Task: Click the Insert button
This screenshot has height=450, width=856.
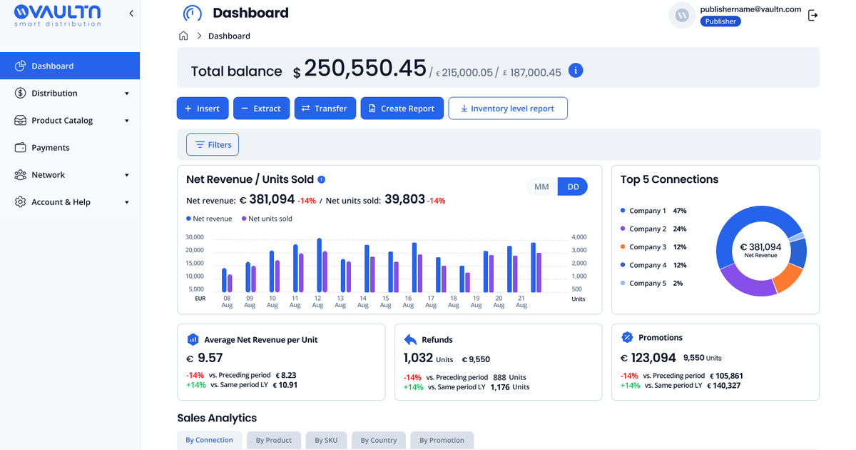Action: coord(203,109)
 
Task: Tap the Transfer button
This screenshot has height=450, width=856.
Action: coord(325,109)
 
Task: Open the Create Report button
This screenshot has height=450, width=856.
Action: coord(402,109)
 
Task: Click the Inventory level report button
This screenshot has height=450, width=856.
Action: coord(508,109)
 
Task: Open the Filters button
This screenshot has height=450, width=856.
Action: coord(213,144)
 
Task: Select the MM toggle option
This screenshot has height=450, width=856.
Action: coord(541,186)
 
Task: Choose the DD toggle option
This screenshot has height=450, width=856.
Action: coord(572,186)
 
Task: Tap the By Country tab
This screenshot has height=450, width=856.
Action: coord(379,440)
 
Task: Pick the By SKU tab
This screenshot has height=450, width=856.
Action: coord(327,440)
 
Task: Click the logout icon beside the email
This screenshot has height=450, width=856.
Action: coord(812,16)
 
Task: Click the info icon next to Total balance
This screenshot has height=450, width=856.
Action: coord(576,71)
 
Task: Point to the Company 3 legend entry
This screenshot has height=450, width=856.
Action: coord(653,247)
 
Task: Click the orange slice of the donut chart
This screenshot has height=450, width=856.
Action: coord(788,277)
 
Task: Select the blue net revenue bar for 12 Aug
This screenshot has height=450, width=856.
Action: coord(320,265)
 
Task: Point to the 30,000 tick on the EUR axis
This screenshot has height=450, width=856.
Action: coord(195,237)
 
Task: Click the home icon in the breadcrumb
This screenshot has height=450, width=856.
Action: coord(183,36)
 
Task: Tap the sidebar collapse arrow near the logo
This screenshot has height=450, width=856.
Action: coord(131,14)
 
